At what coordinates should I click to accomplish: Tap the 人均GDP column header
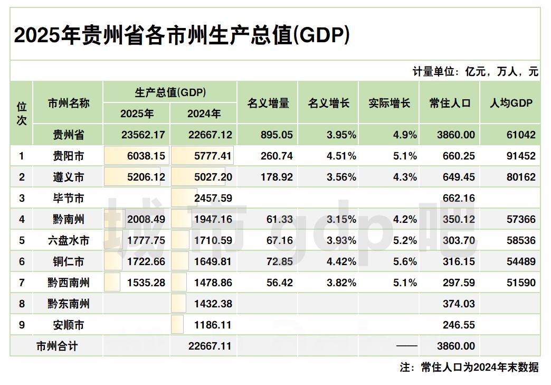(x=511, y=103)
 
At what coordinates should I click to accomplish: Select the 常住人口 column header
(x=450, y=103)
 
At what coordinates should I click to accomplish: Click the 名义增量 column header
(x=268, y=103)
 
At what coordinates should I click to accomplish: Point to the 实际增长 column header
(x=389, y=103)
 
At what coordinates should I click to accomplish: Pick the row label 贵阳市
(x=68, y=156)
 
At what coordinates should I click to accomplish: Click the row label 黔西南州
(x=68, y=283)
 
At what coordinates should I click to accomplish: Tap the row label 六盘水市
(x=68, y=240)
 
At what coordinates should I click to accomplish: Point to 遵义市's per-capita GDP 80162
(x=521, y=177)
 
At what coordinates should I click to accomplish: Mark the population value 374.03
(x=459, y=304)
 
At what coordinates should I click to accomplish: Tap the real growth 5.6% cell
(x=405, y=261)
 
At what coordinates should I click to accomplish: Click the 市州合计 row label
(x=57, y=346)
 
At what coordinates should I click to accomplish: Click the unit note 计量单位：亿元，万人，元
(x=475, y=72)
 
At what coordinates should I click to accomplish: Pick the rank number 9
(x=22, y=325)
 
